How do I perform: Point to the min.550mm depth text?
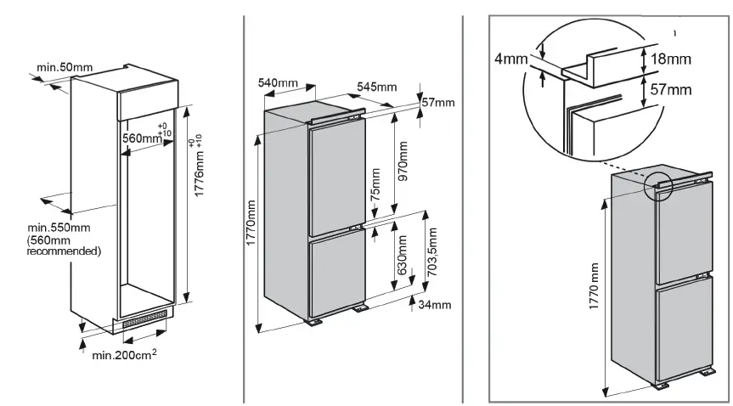(x=59, y=228)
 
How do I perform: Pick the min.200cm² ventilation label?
(x=124, y=355)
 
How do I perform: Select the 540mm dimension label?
(x=278, y=82)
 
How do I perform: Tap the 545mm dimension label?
(x=377, y=87)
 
